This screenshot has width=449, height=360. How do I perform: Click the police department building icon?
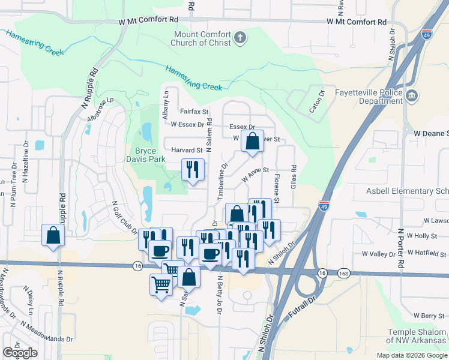click(412, 95)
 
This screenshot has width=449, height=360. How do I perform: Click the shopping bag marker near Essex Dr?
click(253, 142)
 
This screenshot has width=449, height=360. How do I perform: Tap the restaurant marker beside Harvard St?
click(193, 170)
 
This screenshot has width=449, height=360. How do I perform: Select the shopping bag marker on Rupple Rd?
click(53, 235)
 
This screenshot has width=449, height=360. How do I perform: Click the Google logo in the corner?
click(20, 353)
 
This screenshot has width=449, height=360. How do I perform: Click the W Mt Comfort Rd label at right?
click(357, 22)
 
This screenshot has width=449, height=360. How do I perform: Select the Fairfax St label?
click(193, 112)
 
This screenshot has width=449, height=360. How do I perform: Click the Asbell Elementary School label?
click(408, 191)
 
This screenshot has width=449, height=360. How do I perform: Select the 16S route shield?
click(343, 273)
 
